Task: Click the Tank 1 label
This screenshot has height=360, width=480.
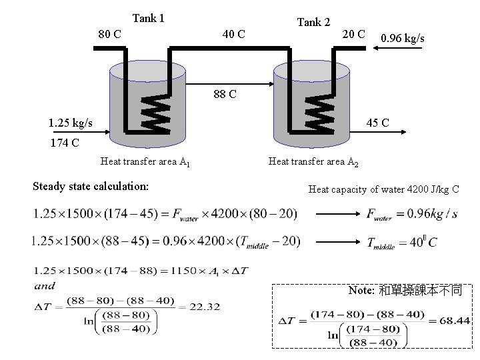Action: point(148,18)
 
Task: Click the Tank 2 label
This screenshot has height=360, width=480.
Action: point(313,22)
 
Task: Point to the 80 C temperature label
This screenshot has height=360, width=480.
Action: point(109,33)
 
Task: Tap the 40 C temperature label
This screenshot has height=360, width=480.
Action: point(233,33)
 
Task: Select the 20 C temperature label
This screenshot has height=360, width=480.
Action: point(353,33)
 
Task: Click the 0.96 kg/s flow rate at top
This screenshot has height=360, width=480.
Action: point(402,38)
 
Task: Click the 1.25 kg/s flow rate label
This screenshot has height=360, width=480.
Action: point(71,123)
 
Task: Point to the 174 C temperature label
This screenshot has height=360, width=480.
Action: point(65,142)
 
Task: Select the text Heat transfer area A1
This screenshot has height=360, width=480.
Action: point(145,161)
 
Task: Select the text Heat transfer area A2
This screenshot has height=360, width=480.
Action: point(313,161)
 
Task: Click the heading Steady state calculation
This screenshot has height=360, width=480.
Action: point(91,185)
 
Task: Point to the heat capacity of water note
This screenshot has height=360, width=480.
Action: point(383,189)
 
